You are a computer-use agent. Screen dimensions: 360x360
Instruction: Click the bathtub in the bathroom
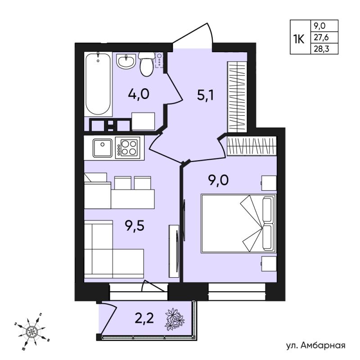(x=98, y=84)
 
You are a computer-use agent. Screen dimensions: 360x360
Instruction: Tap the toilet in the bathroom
(x=146, y=63)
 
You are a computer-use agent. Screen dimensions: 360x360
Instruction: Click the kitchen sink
(x=103, y=148)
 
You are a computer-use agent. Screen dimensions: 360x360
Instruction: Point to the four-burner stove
(x=127, y=148)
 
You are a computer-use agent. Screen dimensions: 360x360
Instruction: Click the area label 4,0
(x=139, y=94)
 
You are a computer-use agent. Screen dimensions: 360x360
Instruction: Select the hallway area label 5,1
(x=205, y=95)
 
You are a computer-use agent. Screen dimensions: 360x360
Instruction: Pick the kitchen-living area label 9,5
(x=135, y=226)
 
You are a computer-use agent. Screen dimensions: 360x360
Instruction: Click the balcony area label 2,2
(x=144, y=318)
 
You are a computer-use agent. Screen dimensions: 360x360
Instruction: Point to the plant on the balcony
(x=175, y=319)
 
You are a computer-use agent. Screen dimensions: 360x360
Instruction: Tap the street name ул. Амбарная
(x=316, y=346)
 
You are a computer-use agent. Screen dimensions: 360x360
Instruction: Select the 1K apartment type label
(x=299, y=39)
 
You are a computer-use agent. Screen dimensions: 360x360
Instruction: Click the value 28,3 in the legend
(x=321, y=49)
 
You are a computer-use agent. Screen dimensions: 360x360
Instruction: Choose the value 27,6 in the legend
(x=321, y=37)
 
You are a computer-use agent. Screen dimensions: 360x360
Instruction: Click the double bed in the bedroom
(x=238, y=223)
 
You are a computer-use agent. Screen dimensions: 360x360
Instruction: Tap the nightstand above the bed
(x=269, y=183)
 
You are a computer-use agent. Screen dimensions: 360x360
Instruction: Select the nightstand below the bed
(x=269, y=264)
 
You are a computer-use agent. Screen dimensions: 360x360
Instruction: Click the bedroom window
(x=237, y=292)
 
